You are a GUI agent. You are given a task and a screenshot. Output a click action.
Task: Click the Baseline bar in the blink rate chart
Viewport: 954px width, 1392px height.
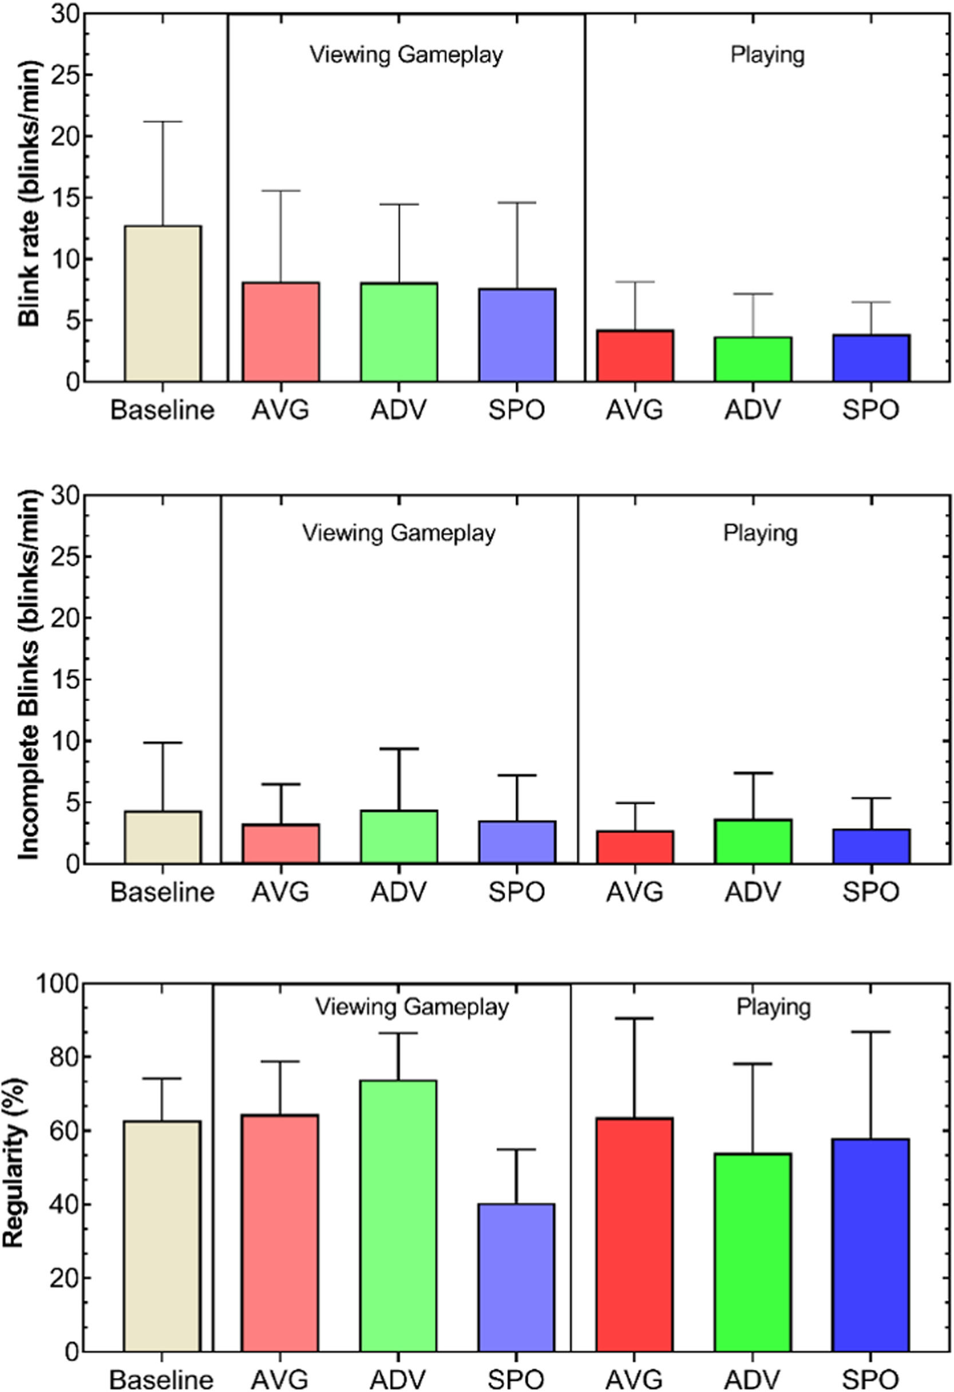[163, 303]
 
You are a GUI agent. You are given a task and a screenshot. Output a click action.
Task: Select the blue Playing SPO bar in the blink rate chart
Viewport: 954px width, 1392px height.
[870, 358]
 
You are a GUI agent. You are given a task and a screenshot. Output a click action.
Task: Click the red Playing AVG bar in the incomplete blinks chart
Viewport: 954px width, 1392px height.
[635, 846]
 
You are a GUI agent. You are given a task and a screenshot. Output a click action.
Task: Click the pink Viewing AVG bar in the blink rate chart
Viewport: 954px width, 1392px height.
[280, 331]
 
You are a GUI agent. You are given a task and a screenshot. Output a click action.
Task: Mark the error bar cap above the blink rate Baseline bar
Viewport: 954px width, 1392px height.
[163, 122]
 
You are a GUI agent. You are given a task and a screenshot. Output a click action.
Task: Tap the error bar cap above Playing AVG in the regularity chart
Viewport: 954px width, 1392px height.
[635, 1018]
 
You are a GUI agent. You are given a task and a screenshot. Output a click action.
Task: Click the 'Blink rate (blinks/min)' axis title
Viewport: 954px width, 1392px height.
[28, 193]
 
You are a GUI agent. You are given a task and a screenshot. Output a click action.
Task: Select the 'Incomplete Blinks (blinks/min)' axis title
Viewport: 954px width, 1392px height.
[28, 675]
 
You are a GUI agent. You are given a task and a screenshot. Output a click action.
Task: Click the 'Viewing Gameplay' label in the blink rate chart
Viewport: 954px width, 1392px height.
[406, 55]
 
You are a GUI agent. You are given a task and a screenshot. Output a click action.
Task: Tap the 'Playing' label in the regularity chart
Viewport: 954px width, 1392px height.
[774, 1007]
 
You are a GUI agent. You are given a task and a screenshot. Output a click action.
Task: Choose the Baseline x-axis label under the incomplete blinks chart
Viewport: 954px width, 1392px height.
[163, 892]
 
